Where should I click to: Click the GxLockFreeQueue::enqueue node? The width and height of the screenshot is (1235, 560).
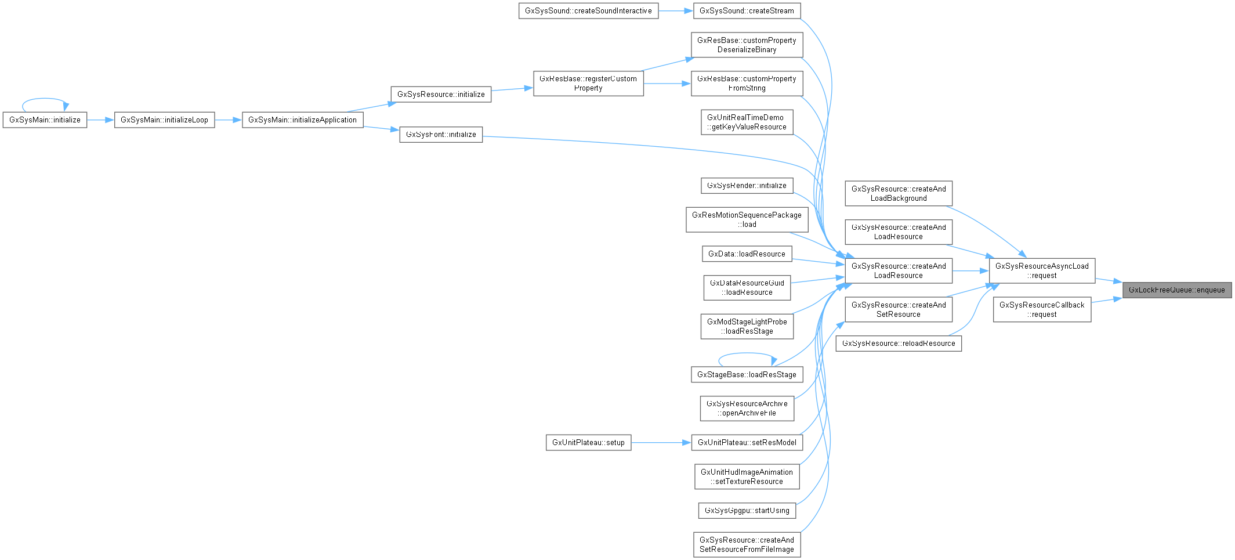1176,290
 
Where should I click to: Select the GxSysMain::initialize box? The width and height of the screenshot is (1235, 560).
45,120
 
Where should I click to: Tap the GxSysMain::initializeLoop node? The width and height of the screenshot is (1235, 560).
164,120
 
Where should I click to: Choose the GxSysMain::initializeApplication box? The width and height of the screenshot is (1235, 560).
302,120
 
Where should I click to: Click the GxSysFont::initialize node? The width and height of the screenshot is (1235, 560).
441,135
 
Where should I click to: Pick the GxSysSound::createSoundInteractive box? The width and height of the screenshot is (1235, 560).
588,11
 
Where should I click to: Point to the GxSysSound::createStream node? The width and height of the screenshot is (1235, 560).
747,11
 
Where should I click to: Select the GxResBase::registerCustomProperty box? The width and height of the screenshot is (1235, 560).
588,84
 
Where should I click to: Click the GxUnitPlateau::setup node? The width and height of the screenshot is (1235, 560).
588,443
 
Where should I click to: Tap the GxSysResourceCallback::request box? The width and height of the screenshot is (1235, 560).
1042,310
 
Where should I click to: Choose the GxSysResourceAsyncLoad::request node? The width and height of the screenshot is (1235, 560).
1042,271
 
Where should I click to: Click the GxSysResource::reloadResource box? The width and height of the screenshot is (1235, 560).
899,344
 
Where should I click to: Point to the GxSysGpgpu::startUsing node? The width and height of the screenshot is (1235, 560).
747,511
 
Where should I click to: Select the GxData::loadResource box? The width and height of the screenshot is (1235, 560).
747,254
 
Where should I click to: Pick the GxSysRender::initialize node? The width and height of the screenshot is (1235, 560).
747,186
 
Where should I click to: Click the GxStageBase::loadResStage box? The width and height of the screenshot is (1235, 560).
747,375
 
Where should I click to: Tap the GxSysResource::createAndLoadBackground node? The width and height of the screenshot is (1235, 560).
899,194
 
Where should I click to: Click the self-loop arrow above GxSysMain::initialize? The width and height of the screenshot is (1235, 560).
45,99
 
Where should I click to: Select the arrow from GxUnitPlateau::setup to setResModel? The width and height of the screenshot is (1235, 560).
661,443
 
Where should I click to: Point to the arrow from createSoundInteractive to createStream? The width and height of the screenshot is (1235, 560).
675,11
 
